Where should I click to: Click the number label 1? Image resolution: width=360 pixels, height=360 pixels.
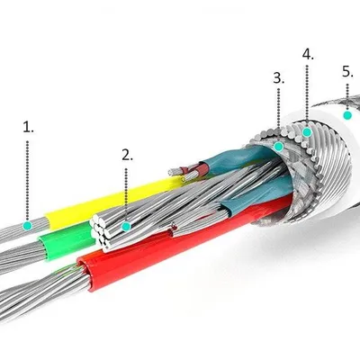[x=29, y=127]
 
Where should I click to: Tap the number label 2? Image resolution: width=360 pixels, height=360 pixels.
[x=127, y=155]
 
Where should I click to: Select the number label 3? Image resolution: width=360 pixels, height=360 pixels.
[x=279, y=78]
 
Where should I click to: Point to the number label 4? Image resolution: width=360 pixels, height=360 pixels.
[x=308, y=54]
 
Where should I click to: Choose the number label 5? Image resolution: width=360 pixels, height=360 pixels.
[x=347, y=72]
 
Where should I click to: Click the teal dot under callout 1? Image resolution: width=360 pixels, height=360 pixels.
[x=28, y=225]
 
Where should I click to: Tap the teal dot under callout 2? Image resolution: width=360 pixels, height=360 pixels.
[x=127, y=226]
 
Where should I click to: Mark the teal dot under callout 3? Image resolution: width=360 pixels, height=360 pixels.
[x=279, y=147]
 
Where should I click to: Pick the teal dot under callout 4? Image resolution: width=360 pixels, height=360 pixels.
[x=307, y=132]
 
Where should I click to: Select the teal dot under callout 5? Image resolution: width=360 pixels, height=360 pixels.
[x=347, y=115]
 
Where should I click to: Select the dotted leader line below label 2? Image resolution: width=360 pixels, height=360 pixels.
[x=126, y=194]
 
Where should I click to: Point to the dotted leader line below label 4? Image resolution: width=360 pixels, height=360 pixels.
[x=307, y=95]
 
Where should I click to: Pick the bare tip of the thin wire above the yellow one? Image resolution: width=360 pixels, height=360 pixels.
[x=172, y=172]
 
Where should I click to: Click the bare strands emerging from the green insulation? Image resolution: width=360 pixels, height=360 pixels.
[x=21, y=255]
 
